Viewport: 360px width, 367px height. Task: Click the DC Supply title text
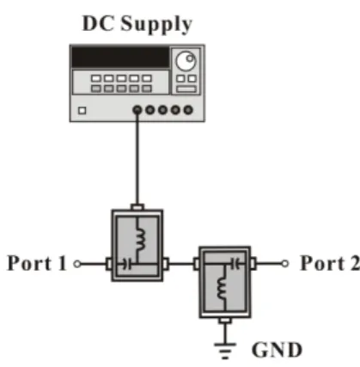click(x=137, y=24)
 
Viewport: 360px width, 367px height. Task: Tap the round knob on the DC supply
click(x=186, y=61)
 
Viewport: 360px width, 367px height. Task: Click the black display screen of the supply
click(x=120, y=57)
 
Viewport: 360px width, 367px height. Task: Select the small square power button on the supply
click(x=82, y=111)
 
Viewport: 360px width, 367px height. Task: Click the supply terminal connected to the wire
click(x=137, y=110)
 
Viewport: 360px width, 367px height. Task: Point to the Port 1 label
click(x=37, y=263)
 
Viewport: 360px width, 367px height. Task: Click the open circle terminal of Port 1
click(x=77, y=264)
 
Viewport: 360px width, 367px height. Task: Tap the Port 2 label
click(x=330, y=263)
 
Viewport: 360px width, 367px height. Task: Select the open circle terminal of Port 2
click(x=284, y=264)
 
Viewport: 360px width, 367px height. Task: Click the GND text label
click(x=277, y=350)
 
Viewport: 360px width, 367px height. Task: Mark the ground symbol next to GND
click(x=225, y=351)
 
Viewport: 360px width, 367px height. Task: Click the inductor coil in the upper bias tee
click(x=140, y=239)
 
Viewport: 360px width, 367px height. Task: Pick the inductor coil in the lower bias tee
click(x=222, y=289)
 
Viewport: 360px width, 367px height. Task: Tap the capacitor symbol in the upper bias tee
click(x=126, y=264)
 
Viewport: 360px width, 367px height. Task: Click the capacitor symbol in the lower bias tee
click(x=235, y=264)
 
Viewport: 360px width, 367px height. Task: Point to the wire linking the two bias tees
click(x=181, y=264)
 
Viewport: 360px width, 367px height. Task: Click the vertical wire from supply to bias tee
click(x=137, y=159)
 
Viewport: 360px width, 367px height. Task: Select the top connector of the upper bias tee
click(x=137, y=207)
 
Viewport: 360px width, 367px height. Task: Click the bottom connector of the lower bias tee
click(x=225, y=321)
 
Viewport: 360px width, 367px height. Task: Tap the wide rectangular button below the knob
click(x=186, y=89)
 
